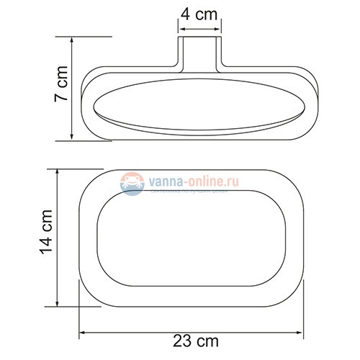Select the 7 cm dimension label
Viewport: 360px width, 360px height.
tap(61, 88)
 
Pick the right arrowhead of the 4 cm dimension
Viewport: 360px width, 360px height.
tap(220, 30)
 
